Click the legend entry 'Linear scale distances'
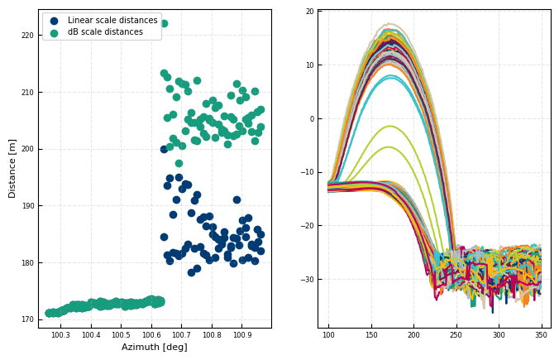click(x=112, y=21)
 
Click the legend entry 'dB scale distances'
click(x=105, y=32)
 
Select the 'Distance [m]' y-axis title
click(x=12, y=169)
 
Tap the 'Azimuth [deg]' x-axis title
click(x=155, y=348)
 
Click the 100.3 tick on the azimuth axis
click(x=60, y=335)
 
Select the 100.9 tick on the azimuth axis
click(x=242, y=335)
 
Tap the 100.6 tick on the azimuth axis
click(x=150, y=335)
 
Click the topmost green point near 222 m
click(x=164, y=23)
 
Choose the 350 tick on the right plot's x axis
click(x=541, y=335)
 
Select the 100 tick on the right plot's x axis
click(x=328, y=335)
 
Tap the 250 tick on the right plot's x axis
click(x=456, y=335)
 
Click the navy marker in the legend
click(x=55, y=21)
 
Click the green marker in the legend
click(x=55, y=32)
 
